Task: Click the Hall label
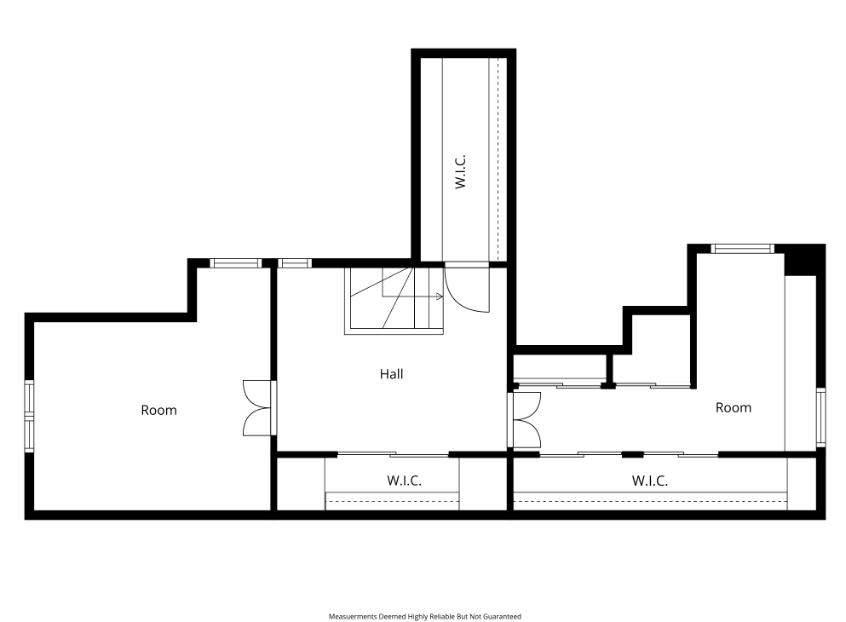[391, 374]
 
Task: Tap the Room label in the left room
[158, 410]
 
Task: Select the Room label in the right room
[734, 407]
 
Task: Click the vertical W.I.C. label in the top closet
[460, 171]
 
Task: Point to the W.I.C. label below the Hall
[404, 480]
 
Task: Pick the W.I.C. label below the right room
[649, 480]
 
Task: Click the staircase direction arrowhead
[440, 297]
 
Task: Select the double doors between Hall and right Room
[524, 420]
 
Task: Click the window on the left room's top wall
[235, 263]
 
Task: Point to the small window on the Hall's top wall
[295, 263]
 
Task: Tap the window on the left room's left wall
[29, 416]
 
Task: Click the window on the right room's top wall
[742, 249]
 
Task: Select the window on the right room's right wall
[820, 417]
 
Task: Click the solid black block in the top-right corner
[804, 260]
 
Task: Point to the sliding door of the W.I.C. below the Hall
[393, 454]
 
